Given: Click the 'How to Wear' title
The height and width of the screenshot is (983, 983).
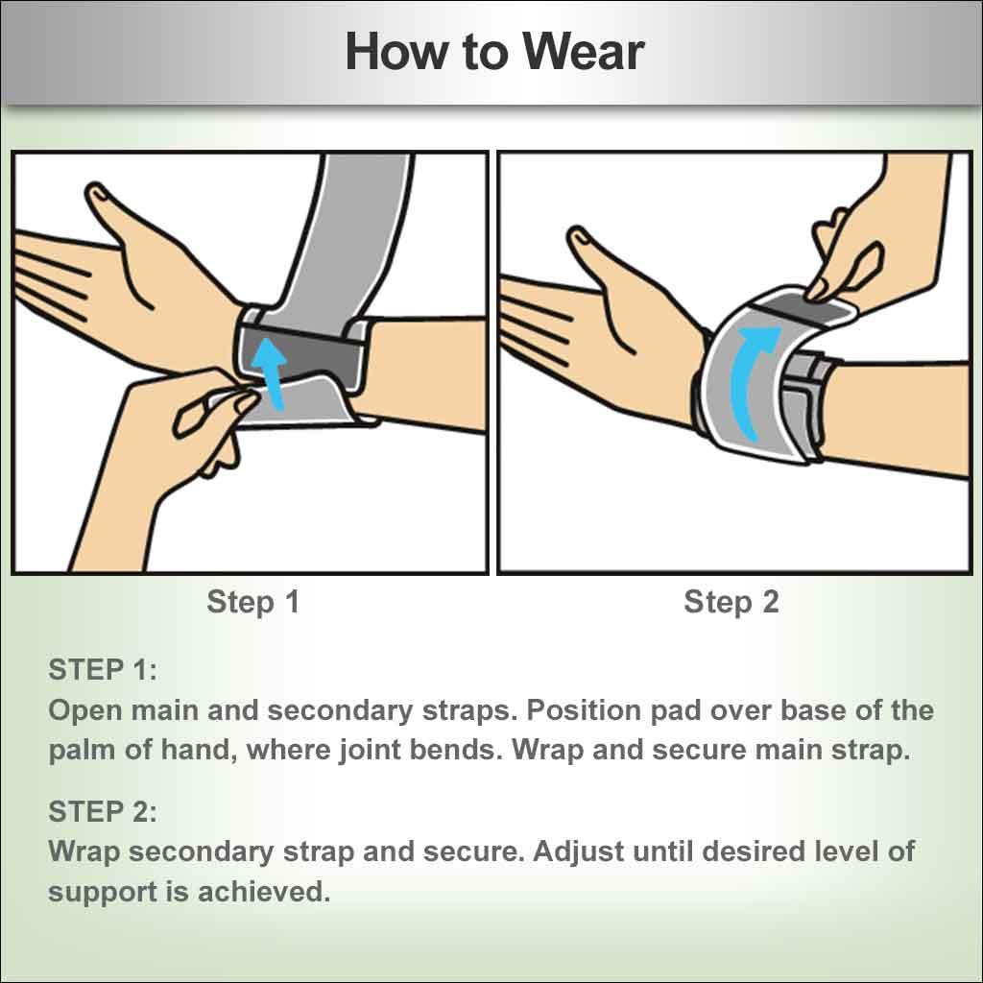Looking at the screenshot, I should (x=493, y=51).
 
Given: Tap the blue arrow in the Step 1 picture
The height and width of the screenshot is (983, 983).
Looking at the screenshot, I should (x=273, y=373).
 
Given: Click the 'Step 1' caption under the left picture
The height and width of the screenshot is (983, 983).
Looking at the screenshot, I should (x=253, y=602).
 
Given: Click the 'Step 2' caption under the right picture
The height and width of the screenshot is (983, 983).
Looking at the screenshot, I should (x=731, y=602).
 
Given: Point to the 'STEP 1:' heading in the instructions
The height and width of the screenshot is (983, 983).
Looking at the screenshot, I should (x=103, y=670).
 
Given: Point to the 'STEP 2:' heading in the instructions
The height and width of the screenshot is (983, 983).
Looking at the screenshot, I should (x=103, y=811).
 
